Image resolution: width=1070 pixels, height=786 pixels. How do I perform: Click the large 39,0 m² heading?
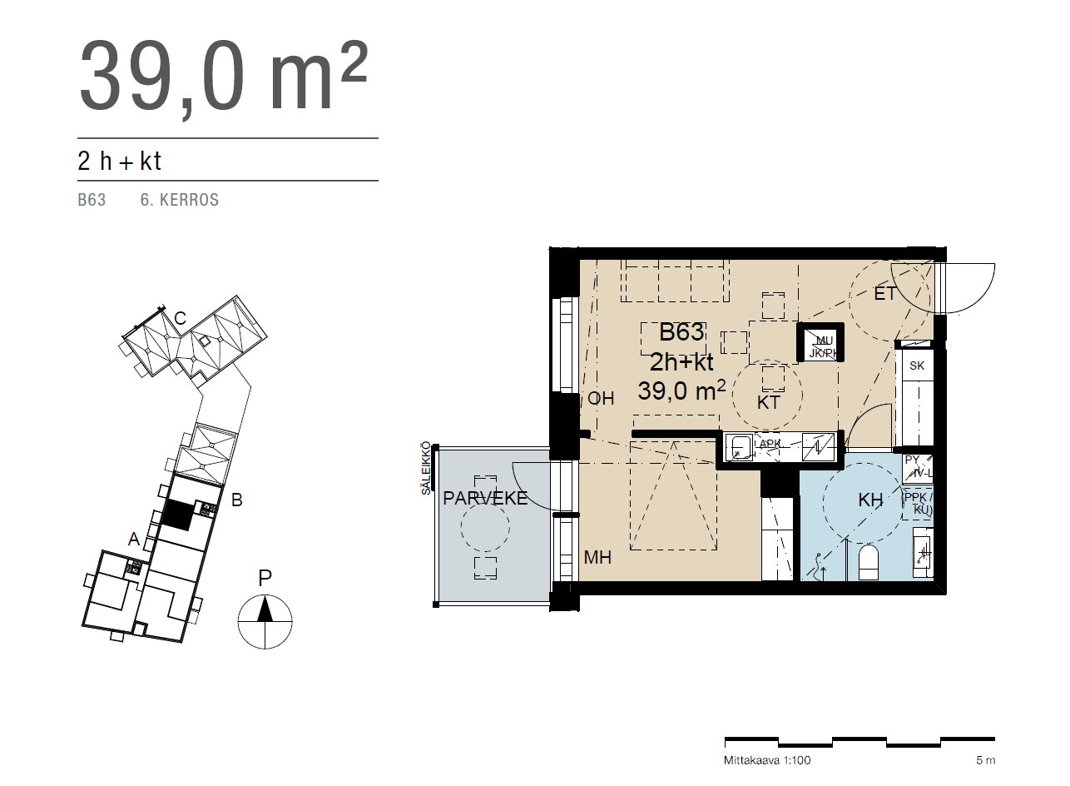tap(223, 77)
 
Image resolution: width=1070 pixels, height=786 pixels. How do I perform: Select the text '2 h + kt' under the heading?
tap(119, 161)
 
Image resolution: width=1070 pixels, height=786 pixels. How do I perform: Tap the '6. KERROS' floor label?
tap(180, 201)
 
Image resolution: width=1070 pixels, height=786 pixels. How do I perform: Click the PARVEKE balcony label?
tap(485, 498)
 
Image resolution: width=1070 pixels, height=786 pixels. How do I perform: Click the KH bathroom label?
tap(870, 501)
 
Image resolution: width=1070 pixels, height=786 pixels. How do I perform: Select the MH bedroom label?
tap(597, 557)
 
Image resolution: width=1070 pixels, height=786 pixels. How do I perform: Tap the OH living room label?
tap(601, 399)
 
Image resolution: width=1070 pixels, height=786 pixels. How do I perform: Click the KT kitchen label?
tap(768, 403)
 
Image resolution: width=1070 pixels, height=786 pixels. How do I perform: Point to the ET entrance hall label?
tap(884, 293)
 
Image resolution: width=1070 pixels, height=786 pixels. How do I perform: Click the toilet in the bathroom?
tap(868, 563)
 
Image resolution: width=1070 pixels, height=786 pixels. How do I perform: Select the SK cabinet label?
tap(917, 366)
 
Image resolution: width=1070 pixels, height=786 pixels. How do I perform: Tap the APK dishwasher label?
tap(770, 444)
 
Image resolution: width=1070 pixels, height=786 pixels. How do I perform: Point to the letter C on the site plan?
tap(179, 318)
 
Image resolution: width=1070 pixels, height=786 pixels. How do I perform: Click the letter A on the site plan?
tap(133, 540)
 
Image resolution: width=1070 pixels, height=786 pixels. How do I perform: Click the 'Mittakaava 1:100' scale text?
tap(767, 760)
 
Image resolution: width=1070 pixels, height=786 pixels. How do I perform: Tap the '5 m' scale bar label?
tap(985, 760)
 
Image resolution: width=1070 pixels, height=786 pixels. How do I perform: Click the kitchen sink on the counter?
tap(739, 447)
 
